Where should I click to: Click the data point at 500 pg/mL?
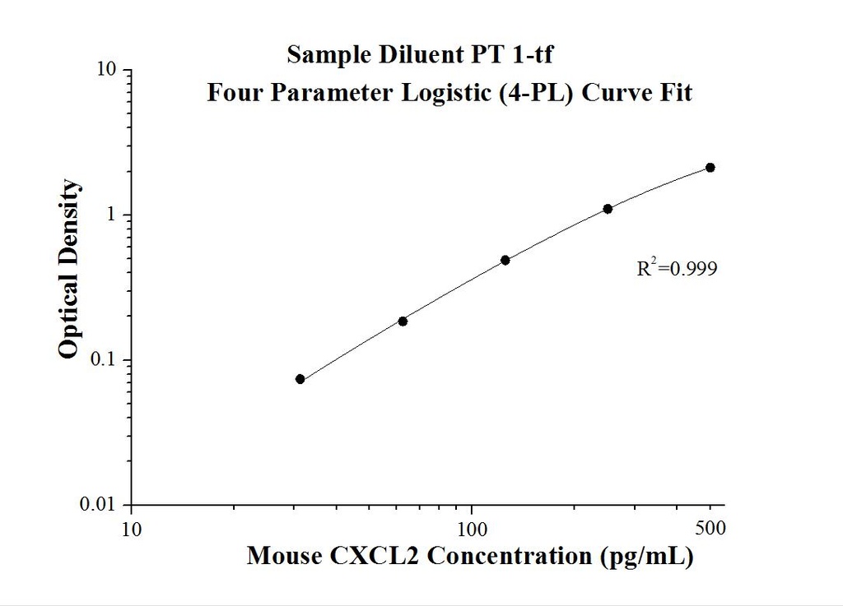(710, 168)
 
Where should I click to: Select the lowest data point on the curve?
(300, 379)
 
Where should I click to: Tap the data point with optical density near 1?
(608, 209)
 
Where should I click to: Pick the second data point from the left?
(403, 321)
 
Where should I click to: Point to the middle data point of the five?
(505, 260)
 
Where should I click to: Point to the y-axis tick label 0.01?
(103, 505)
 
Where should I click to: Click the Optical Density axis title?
(70, 269)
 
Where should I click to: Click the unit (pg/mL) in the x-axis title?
(645, 557)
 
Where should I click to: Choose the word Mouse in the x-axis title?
(285, 557)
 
